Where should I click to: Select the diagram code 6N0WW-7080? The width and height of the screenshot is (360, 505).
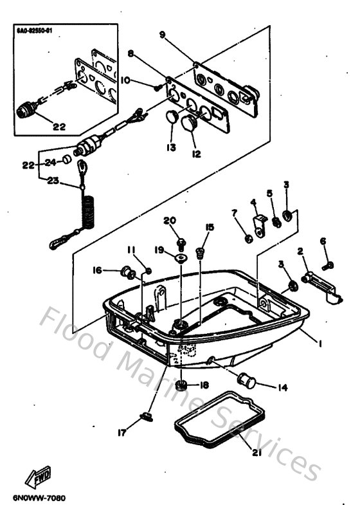(39, 498)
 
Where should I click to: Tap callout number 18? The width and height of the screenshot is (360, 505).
(204, 385)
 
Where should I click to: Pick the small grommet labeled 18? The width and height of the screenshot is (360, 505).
(182, 386)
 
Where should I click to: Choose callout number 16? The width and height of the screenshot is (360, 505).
(98, 271)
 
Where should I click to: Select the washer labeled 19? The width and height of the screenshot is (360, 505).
(181, 258)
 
